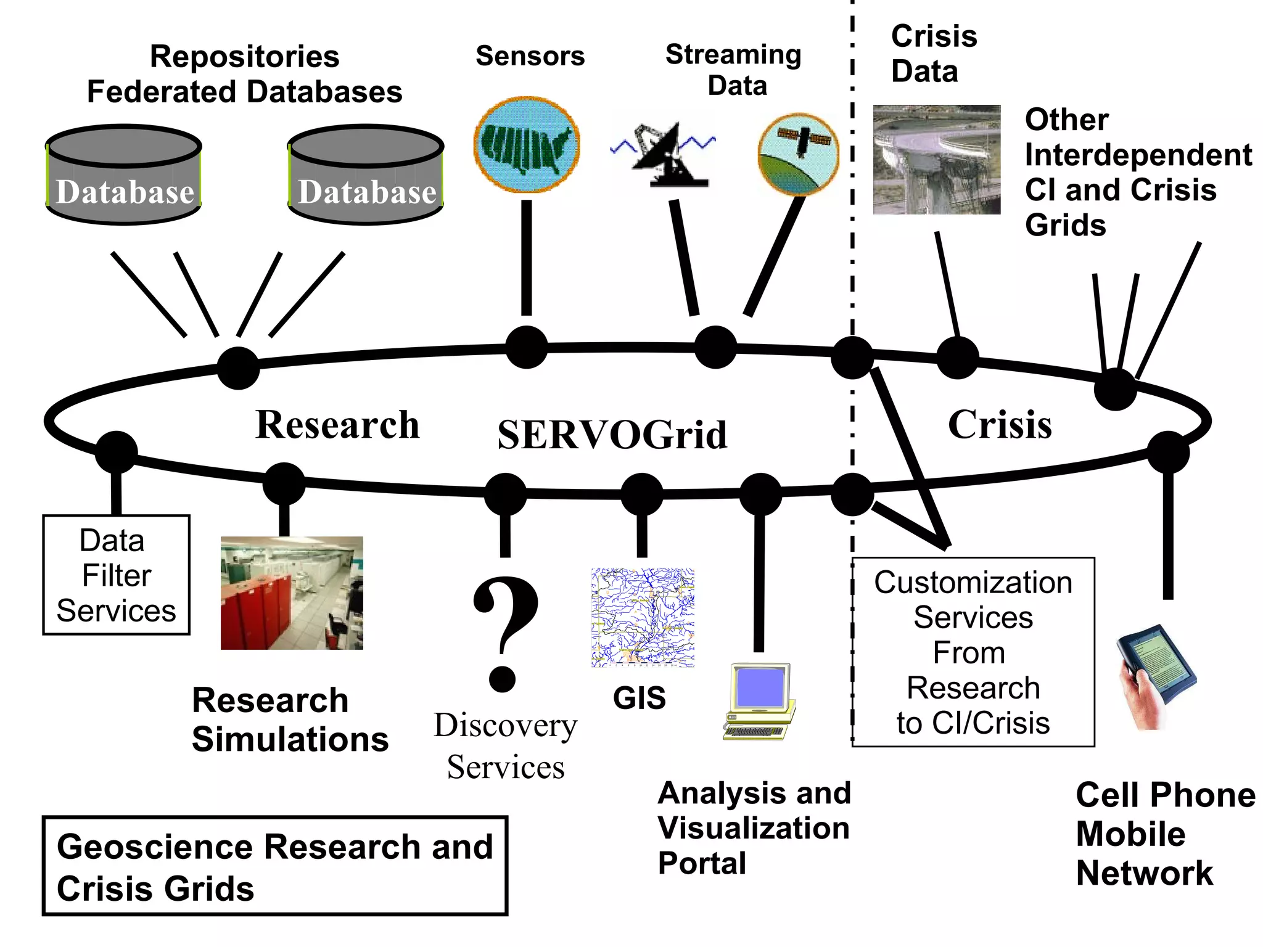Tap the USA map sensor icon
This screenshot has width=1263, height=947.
pos(526,144)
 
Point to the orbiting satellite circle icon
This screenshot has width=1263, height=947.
pos(799,154)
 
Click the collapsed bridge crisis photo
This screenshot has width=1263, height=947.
pos(936,160)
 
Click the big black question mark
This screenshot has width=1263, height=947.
pos(505,632)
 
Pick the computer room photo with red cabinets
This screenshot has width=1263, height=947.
pos(292,592)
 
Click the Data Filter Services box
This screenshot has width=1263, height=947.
pos(116,575)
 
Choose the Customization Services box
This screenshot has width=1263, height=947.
pos(973,652)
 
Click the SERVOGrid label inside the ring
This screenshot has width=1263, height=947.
pos(612,435)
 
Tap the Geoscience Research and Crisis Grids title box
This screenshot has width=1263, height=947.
pos(275,866)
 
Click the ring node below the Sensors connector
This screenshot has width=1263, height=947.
pos(526,347)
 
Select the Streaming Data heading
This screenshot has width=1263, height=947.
pos(734,69)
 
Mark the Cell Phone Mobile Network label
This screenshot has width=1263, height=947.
pos(1164,834)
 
